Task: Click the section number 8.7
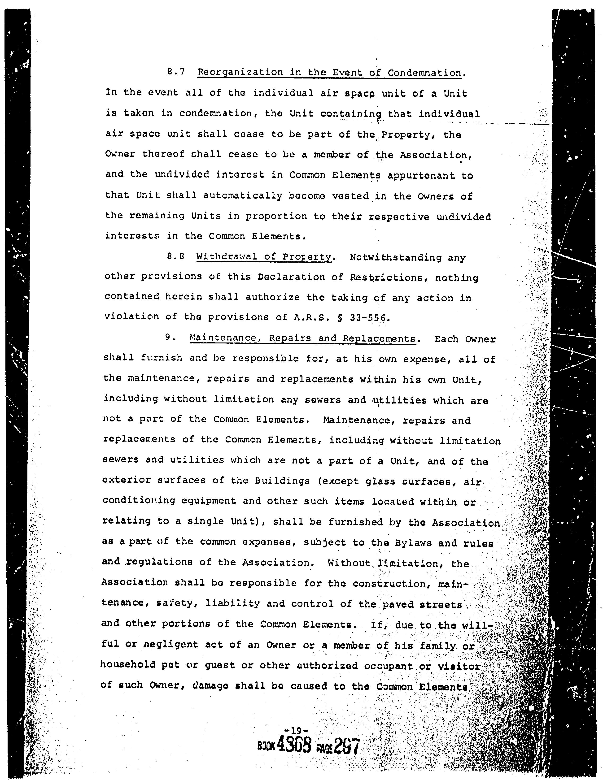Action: (x=176, y=72)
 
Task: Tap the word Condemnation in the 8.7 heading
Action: (x=425, y=73)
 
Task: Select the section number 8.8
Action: (x=175, y=257)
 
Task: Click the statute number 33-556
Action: (x=368, y=317)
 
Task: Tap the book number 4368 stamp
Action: (x=294, y=746)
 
